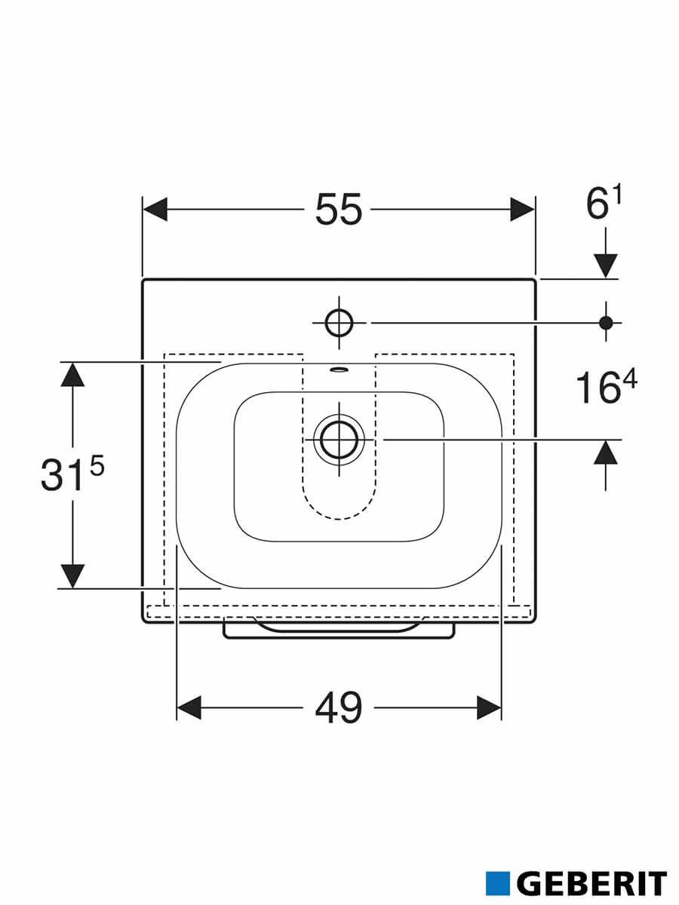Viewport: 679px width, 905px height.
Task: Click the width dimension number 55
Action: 339,209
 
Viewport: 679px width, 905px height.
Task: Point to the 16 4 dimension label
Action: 607,387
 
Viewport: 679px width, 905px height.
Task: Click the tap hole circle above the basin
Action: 339,323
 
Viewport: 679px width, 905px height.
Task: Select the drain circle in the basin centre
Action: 339,440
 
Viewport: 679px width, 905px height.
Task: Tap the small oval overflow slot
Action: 339,369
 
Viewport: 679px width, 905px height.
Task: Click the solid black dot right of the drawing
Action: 606,323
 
